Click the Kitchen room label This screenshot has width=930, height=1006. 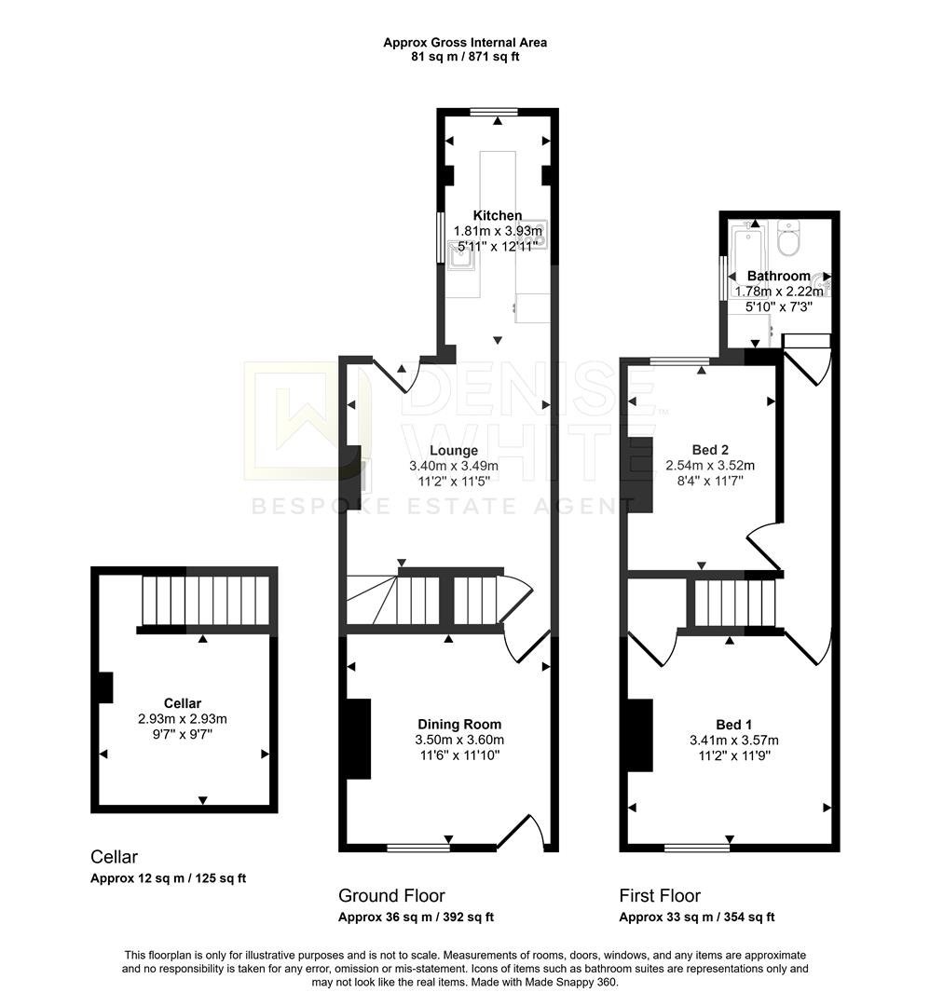coord(497,215)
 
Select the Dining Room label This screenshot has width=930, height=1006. coord(459,724)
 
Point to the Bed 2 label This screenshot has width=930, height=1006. coord(709,449)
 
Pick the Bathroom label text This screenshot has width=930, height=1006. coord(779,276)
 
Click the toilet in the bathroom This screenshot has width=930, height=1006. coord(788,239)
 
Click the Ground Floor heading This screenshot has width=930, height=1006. coord(391,896)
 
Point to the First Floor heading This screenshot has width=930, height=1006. coord(660,896)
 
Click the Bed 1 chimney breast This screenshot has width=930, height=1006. coord(640,736)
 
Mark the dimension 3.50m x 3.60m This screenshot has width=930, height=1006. coord(459,740)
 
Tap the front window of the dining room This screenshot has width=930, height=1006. coord(418,847)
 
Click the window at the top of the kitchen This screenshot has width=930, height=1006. coord(499,113)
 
